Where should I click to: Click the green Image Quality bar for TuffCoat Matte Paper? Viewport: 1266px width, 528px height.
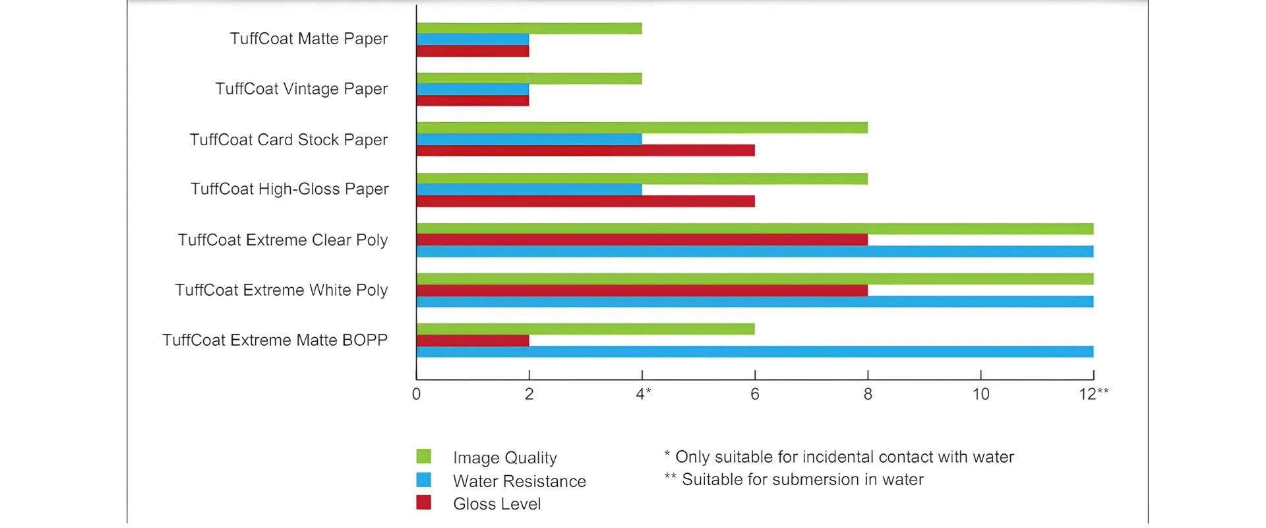click(x=529, y=28)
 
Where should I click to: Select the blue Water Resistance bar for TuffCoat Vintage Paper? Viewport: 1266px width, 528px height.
click(x=473, y=89)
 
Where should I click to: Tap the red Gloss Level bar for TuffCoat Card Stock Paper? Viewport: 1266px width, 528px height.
click(x=586, y=150)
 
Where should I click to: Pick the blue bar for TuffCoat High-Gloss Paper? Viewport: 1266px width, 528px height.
click(x=529, y=189)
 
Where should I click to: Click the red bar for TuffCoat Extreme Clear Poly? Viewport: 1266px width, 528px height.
click(x=642, y=240)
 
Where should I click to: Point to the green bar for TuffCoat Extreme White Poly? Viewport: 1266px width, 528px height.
click(x=755, y=279)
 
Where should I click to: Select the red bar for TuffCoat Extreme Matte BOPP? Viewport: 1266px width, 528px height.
click(x=473, y=341)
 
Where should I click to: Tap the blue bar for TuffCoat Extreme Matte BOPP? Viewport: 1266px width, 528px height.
click(x=755, y=352)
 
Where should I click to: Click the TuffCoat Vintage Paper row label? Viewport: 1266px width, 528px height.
click(x=301, y=89)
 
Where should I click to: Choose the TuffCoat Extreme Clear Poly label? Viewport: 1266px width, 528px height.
click(x=283, y=240)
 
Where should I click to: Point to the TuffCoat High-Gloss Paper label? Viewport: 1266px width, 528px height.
click(x=289, y=189)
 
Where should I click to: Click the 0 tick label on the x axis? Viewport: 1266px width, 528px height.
click(x=416, y=395)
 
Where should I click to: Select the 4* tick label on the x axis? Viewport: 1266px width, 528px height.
click(x=644, y=394)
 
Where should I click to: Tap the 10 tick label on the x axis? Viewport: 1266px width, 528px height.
click(x=980, y=395)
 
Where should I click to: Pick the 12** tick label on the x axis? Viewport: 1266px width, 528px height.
click(x=1094, y=394)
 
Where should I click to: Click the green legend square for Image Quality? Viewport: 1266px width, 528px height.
click(x=424, y=456)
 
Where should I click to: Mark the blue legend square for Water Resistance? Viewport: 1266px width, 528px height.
click(x=424, y=480)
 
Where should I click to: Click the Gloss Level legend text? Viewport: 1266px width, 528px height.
click(x=497, y=504)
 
